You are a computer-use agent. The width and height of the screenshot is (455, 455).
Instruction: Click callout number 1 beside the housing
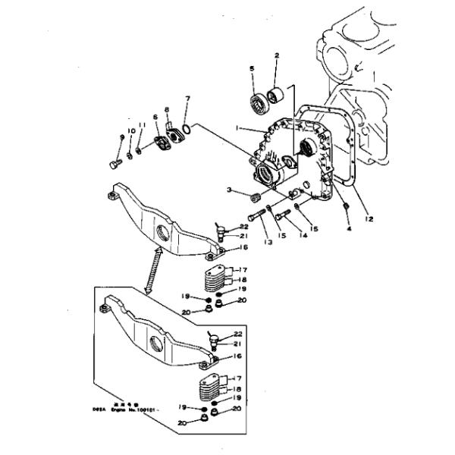coord(237,129)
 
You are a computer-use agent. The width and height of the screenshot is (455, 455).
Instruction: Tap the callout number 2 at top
coord(277,55)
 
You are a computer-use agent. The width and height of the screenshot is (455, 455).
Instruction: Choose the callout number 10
coord(130,132)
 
